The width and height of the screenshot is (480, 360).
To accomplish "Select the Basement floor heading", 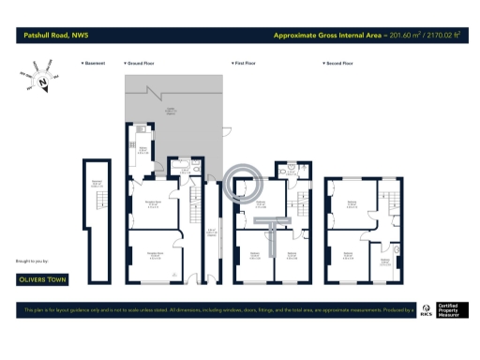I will (x=94, y=64).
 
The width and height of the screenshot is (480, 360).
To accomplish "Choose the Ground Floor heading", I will (x=142, y=64).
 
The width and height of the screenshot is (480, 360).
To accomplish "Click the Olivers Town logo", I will (x=49, y=278).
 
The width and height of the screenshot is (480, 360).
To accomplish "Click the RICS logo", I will (x=426, y=308).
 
